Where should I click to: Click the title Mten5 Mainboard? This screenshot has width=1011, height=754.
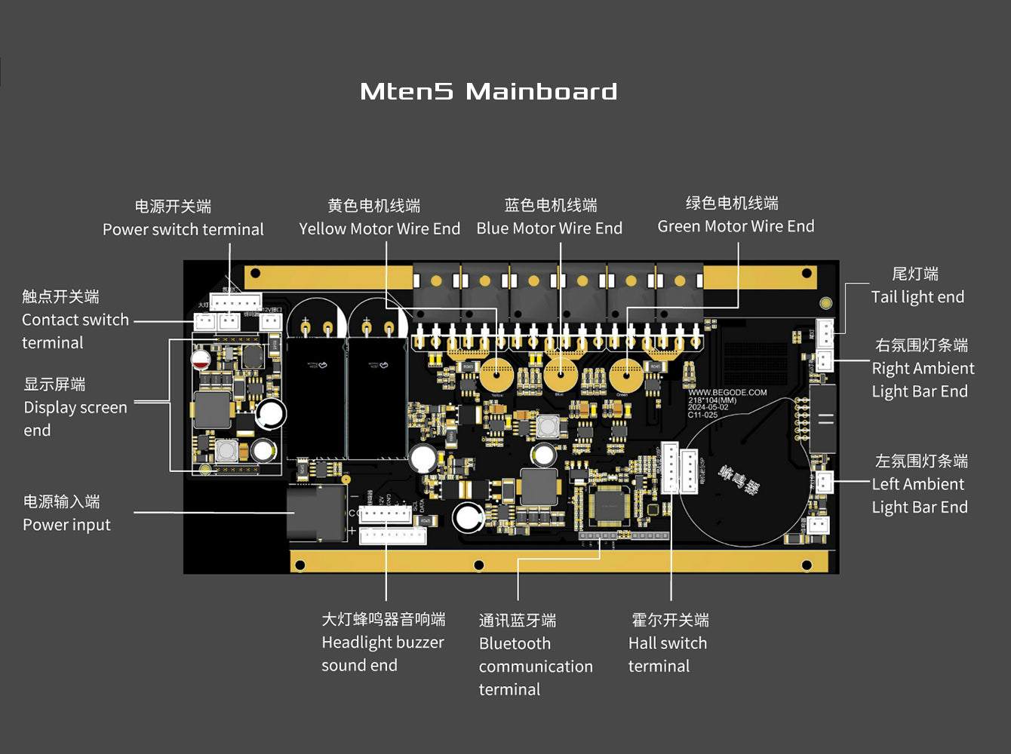pos(489,92)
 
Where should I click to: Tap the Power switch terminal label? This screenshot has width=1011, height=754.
pos(183,229)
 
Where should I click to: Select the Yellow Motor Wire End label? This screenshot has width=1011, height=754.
pos(379,228)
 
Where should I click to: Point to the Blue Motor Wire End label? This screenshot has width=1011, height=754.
pos(549,228)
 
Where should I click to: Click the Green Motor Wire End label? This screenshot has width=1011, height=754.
pos(736,226)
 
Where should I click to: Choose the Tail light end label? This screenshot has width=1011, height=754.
pos(917,296)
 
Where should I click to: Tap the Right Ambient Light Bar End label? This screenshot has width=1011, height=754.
pos(922,379)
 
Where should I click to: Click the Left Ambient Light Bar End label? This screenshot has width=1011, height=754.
pos(920,495)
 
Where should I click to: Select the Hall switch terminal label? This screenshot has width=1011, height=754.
pos(668,654)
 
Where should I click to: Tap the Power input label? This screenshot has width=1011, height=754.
pos(66,525)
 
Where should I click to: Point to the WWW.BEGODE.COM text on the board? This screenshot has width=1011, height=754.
pos(727,393)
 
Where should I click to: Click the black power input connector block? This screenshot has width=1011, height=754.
pos(315,513)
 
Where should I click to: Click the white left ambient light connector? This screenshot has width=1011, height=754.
pos(824,481)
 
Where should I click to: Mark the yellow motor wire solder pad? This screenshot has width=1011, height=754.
pos(496,374)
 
